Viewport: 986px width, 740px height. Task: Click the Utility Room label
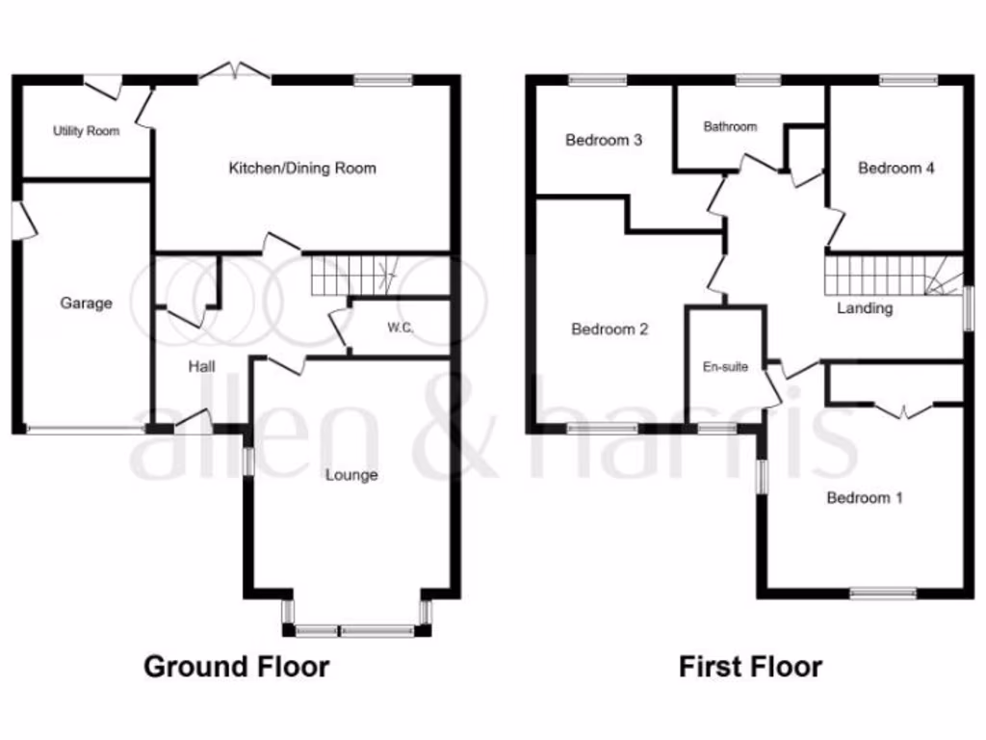pyautogui.click(x=87, y=130)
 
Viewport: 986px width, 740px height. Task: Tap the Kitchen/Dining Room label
pyautogui.click(x=301, y=169)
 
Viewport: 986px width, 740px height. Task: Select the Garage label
pyautogui.click(x=87, y=304)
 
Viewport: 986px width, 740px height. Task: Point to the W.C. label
pyautogui.click(x=401, y=329)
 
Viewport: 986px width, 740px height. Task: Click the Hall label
pyautogui.click(x=201, y=367)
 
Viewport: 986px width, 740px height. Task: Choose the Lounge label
pyautogui.click(x=351, y=475)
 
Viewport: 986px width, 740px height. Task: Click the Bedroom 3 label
pyautogui.click(x=604, y=141)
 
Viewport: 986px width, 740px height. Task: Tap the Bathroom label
pyautogui.click(x=730, y=127)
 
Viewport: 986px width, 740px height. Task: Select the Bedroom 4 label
pyautogui.click(x=896, y=169)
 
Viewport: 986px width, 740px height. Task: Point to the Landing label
pyautogui.click(x=864, y=308)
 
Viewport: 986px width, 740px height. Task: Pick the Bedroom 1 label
pyautogui.click(x=865, y=498)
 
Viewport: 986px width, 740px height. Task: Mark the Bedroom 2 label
pyautogui.click(x=610, y=330)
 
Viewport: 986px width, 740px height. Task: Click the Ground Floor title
pyautogui.click(x=236, y=666)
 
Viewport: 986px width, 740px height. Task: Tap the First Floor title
pyautogui.click(x=751, y=666)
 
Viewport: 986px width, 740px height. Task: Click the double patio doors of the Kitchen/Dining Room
pyautogui.click(x=236, y=72)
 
